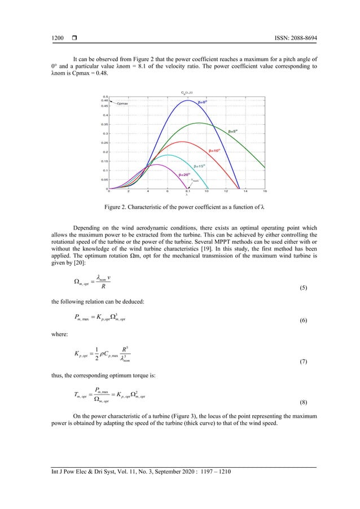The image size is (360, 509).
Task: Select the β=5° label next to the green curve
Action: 233,131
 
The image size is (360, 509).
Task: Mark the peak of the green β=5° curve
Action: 199,122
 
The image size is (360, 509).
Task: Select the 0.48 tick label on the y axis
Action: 105,100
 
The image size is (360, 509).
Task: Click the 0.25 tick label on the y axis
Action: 105,143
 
